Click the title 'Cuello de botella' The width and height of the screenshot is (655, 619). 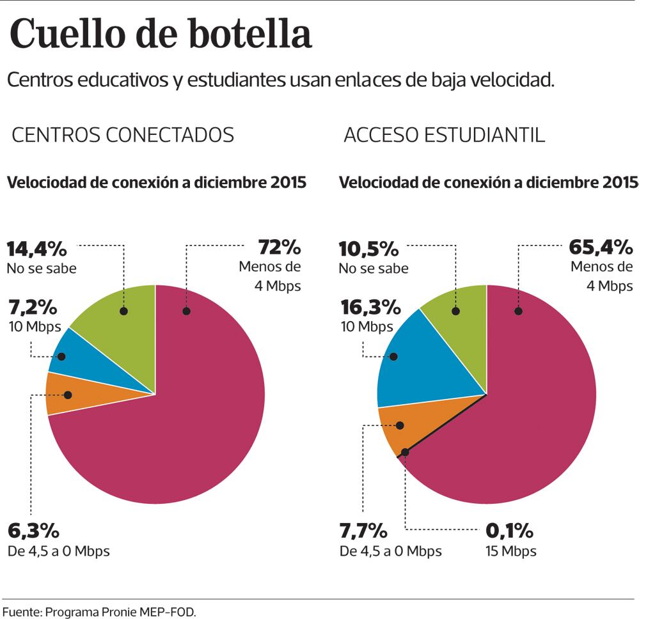[161, 35]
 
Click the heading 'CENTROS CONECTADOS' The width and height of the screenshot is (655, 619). [123, 135]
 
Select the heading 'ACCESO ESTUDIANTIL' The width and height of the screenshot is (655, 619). [445, 135]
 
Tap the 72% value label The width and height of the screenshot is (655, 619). [279, 247]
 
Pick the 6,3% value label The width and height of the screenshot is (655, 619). [33, 531]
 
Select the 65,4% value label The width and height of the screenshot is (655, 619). [600, 247]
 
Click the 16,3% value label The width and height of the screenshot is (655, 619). [370, 308]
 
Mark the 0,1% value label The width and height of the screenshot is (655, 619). [509, 531]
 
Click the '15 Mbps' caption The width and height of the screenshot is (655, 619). [510, 551]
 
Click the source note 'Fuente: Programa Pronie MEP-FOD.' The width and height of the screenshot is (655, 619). [99, 611]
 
